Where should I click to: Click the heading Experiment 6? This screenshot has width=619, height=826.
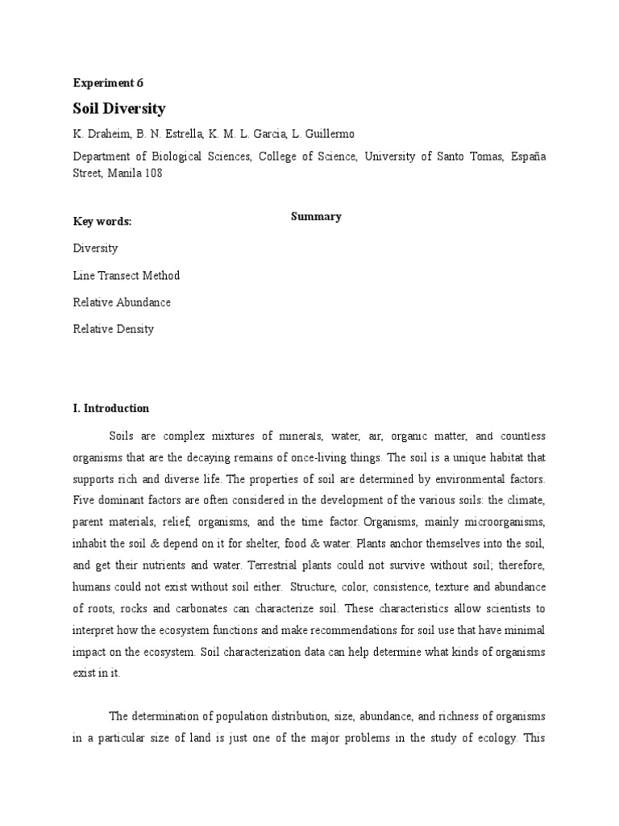(x=107, y=82)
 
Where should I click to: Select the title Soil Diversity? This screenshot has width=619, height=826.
(x=118, y=108)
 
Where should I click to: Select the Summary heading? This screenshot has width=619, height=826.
(x=316, y=216)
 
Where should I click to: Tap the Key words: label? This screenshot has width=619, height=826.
(x=102, y=222)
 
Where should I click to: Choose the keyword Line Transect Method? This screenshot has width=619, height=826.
(x=126, y=275)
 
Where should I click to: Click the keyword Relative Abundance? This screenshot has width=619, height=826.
(x=122, y=302)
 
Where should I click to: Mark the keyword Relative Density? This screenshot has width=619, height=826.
(x=113, y=328)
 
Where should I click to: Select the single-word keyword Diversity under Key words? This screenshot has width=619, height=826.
(x=95, y=248)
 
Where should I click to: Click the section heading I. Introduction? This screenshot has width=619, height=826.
(x=111, y=408)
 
